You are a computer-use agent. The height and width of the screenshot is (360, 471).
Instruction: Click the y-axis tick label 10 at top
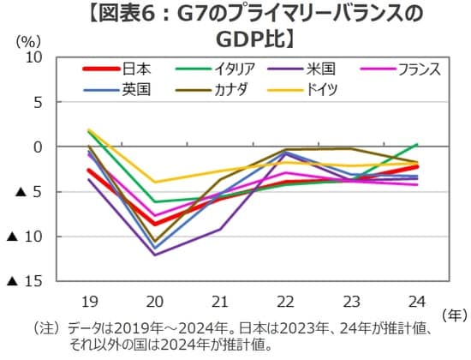[35, 57]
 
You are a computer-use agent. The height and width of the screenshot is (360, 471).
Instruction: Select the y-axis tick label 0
[39, 147]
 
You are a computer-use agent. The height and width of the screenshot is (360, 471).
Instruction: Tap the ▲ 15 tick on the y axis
[27, 280]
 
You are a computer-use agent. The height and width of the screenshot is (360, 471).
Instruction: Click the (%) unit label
[29, 39]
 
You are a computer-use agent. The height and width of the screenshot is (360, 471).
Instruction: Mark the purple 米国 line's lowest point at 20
[155, 255]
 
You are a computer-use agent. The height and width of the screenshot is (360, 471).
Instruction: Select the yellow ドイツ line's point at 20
[155, 182]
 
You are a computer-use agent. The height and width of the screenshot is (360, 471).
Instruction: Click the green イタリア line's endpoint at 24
[416, 144]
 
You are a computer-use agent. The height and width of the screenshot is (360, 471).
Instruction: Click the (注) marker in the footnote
[45, 328]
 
